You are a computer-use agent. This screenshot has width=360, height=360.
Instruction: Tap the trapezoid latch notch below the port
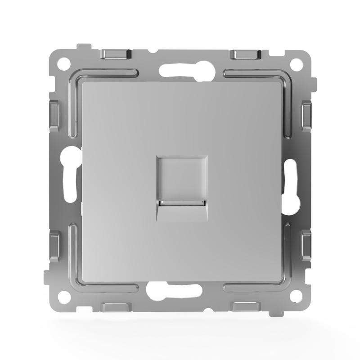[x=182, y=212]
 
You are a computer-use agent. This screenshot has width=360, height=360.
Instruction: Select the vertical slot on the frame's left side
[x=68, y=180]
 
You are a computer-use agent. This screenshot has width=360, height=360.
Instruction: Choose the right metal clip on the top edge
[x=245, y=54]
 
